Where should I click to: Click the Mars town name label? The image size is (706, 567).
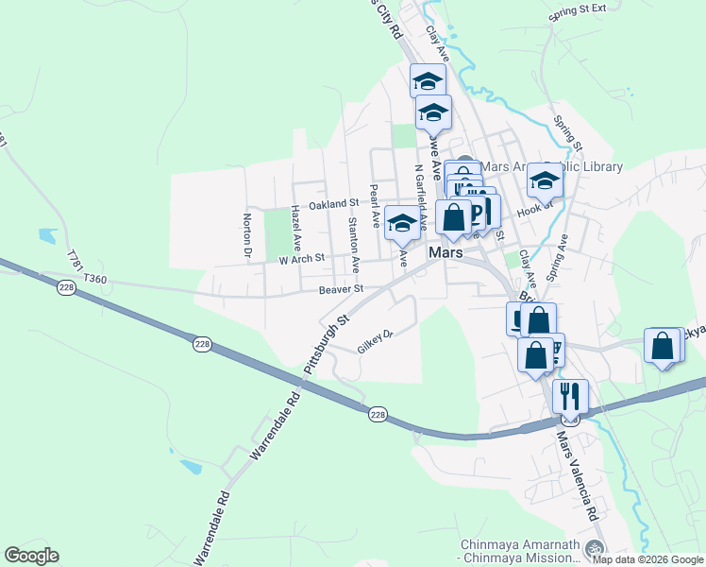tap(445, 253)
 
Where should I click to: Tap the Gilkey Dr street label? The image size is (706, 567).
tap(375, 340)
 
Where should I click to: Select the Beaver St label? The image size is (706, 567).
tap(341, 289)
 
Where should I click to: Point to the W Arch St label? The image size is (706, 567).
tap(301, 257)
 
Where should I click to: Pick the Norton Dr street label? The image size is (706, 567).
tap(247, 234)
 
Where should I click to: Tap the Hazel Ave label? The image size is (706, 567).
tap(295, 221)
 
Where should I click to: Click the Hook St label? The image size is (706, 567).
tap(533, 209)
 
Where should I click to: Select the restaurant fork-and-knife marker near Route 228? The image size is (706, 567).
tap(570, 396)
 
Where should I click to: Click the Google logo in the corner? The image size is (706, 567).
tap(31, 556)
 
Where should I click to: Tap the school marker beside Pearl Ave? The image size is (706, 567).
tap(403, 223)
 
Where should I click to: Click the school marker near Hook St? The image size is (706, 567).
tap(545, 179)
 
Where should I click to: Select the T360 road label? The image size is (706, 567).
tap(95, 279)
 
